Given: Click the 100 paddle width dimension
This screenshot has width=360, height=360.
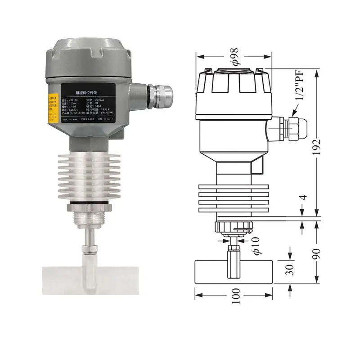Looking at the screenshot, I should coord(234,296).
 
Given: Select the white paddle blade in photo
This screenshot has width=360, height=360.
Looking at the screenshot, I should coord(88,279).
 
